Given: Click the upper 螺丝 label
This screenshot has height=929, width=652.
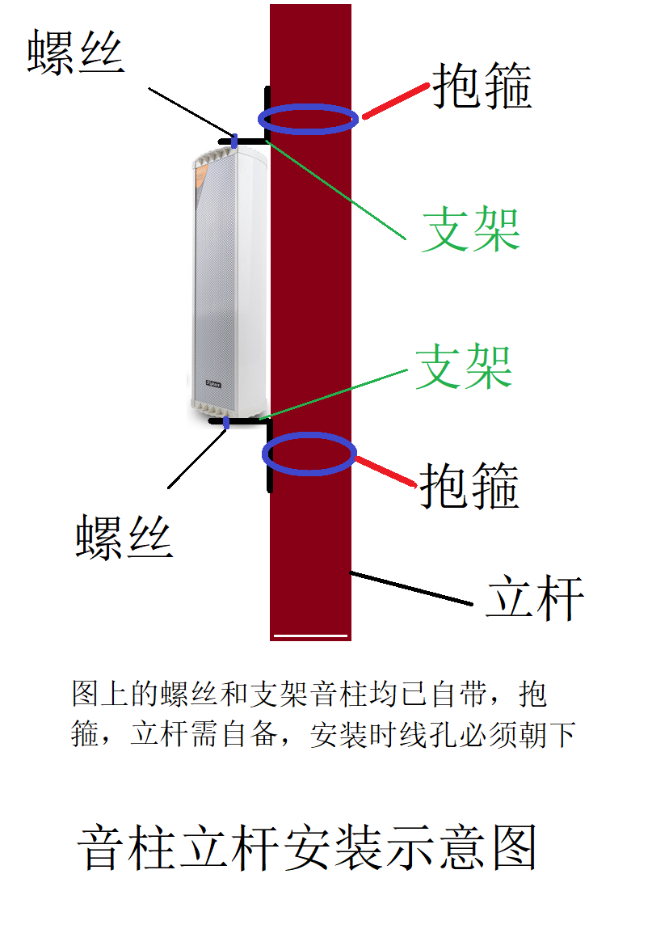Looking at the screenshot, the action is tap(76, 54).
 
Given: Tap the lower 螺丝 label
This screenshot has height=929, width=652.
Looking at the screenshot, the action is tap(124, 538).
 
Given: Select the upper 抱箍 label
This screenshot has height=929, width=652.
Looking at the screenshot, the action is tap(482, 87).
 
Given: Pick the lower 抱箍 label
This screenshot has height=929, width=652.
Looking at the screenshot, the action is tap(469, 485).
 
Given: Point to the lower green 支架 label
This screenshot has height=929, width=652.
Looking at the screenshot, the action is tap(465, 367).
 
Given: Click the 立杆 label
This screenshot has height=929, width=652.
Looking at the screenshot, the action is tap(535, 598).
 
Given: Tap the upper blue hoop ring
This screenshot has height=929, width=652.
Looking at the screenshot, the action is tap(308, 119).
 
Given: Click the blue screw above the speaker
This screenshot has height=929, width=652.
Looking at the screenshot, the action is tap(234, 141).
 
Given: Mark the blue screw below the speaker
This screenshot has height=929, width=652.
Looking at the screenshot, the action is tap(226, 422).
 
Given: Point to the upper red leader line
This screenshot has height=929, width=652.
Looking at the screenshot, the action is tap(395, 101).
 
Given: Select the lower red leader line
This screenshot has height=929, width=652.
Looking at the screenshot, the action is tap(386, 471).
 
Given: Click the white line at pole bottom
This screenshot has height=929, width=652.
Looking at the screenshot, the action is tap(311, 636).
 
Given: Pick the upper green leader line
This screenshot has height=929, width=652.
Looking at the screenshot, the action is tap(335, 189).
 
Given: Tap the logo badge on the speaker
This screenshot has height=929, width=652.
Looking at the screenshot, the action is tap(215, 383).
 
